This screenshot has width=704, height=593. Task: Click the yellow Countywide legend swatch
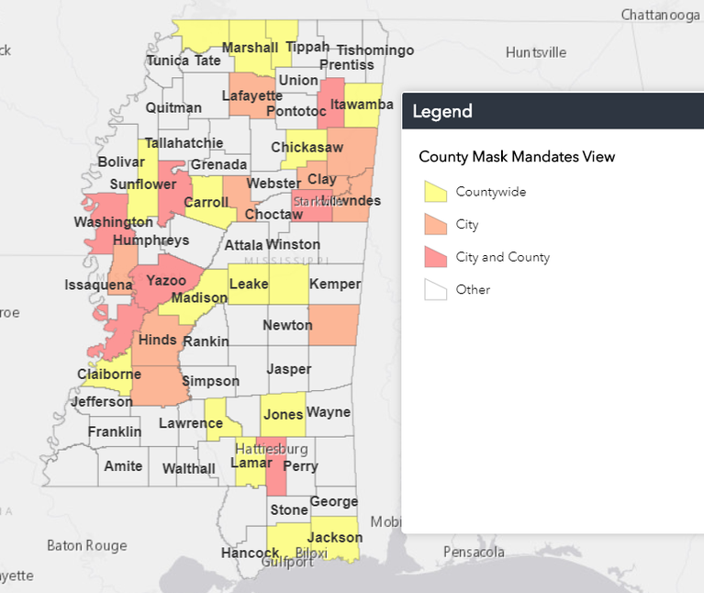tap(435, 192)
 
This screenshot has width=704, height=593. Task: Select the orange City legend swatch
tap(435, 225)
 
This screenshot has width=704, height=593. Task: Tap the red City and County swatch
tap(435, 257)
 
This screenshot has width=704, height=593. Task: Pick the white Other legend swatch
tap(435, 290)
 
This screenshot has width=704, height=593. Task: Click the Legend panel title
tap(442, 112)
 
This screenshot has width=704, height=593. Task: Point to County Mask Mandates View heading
tap(517, 157)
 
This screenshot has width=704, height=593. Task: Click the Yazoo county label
tap(167, 281)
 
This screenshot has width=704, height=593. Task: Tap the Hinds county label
tap(157, 341)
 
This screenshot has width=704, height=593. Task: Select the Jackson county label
tap(335, 538)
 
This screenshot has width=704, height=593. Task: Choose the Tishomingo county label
tap(374, 50)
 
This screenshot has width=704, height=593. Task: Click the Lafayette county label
tap(251, 95)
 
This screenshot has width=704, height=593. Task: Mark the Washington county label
tap(114, 222)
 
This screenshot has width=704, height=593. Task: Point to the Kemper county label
tap(335, 285)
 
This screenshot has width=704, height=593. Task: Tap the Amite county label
tap(123, 466)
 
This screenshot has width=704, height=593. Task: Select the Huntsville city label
tap(536, 52)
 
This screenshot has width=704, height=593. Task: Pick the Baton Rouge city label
tap(87, 545)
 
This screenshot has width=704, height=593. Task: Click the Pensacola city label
tap(475, 553)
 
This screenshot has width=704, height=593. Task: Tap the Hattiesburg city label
tap(271, 449)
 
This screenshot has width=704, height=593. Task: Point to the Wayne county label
tap(329, 412)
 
